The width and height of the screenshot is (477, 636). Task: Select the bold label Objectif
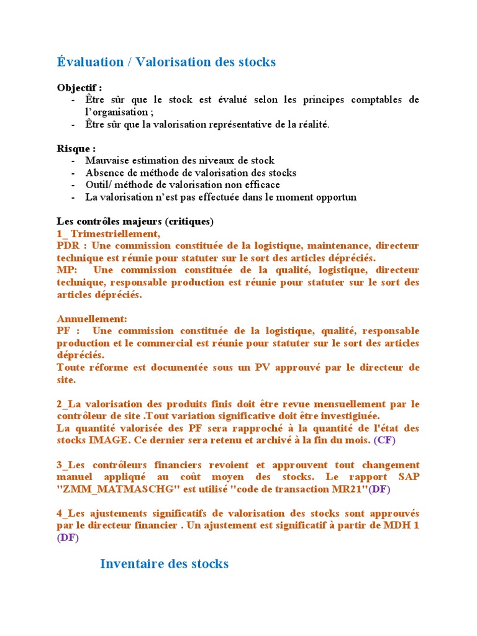pos(78,88)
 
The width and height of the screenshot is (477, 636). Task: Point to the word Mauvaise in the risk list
pos(106,161)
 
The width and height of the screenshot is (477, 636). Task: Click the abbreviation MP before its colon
pos(64,270)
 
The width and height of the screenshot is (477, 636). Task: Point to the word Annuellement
pos(92,319)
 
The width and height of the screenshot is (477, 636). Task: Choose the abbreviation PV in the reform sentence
pos(263,368)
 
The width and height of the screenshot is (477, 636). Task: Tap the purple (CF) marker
pos(384,440)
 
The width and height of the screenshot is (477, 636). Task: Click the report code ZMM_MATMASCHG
pos(112,489)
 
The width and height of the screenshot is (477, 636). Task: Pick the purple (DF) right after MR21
pos(379,489)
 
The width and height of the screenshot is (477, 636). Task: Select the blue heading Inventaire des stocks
pos(164,564)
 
